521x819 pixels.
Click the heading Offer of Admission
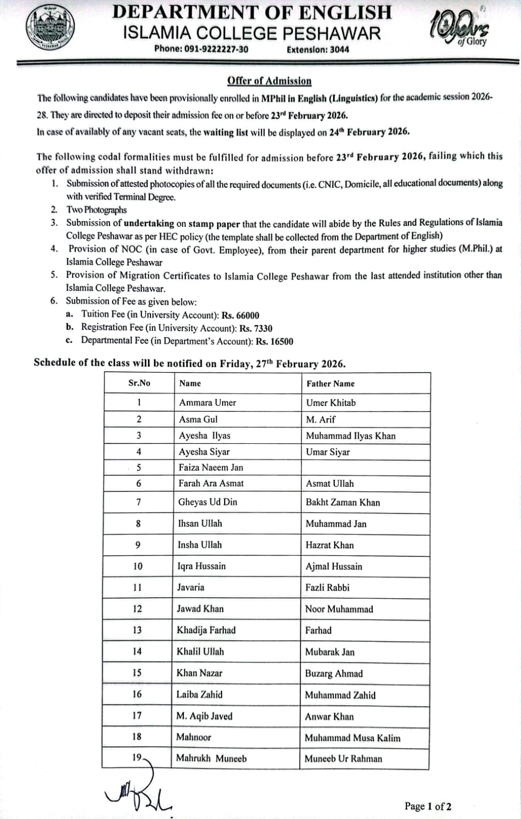pyautogui.click(x=269, y=81)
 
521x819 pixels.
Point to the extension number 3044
pyautogui.click(x=339, y=50)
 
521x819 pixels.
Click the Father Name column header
pyautogui.click(x=330, y=383)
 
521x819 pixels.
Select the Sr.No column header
pyautogui.click(x=139, y=383)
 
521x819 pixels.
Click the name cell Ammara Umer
pyautogui.click(x=207, y=402)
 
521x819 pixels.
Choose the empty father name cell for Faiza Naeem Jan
pyautogui.click(x=365, y=467)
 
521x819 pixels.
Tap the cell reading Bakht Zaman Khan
pyautogui.click(x=343, y=502)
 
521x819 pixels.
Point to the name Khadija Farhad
pyautogui.click(x=206, y=630)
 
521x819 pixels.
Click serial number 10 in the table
pyautogui.click(x=138, y=566)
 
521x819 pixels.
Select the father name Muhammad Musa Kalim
pyautogui.click(x=352, y=738)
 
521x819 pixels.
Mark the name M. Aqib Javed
pyautogui.click(x=204, y=716)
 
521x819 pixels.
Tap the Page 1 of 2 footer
pyautogui.click(x=428, y=806)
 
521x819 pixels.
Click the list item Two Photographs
pyautogui.click(x=96, y=210)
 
